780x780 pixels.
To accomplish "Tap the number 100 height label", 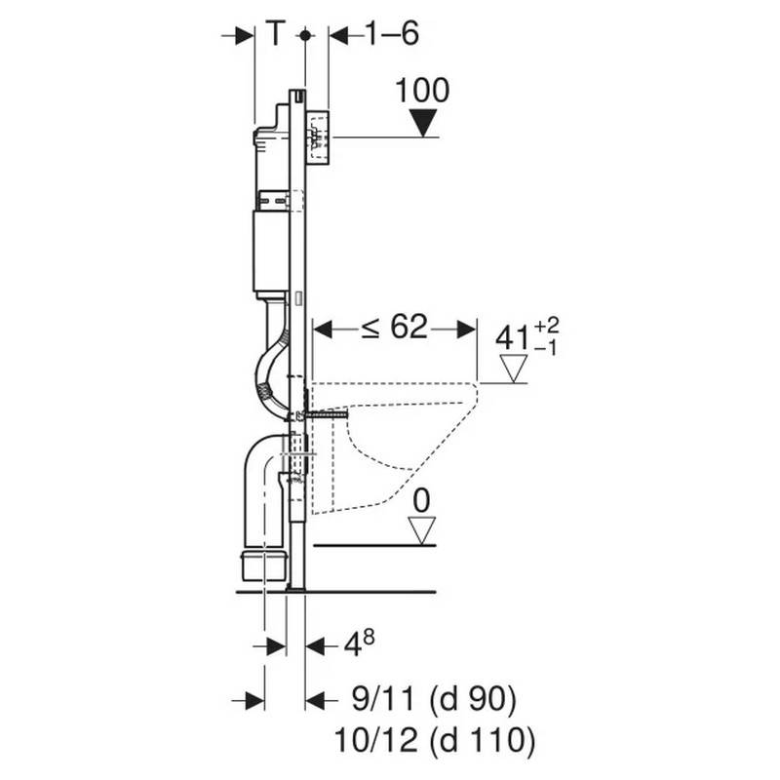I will click(423, 92).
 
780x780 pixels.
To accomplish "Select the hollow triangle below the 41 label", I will click(512, 369).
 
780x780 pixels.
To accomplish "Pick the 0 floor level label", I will click(421, 500).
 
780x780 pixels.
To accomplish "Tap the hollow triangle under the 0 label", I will click(421, 529).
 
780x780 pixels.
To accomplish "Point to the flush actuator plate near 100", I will click(318, 137).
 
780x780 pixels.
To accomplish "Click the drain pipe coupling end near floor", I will click(262, 564).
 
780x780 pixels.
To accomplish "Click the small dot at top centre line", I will click(305, 35).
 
